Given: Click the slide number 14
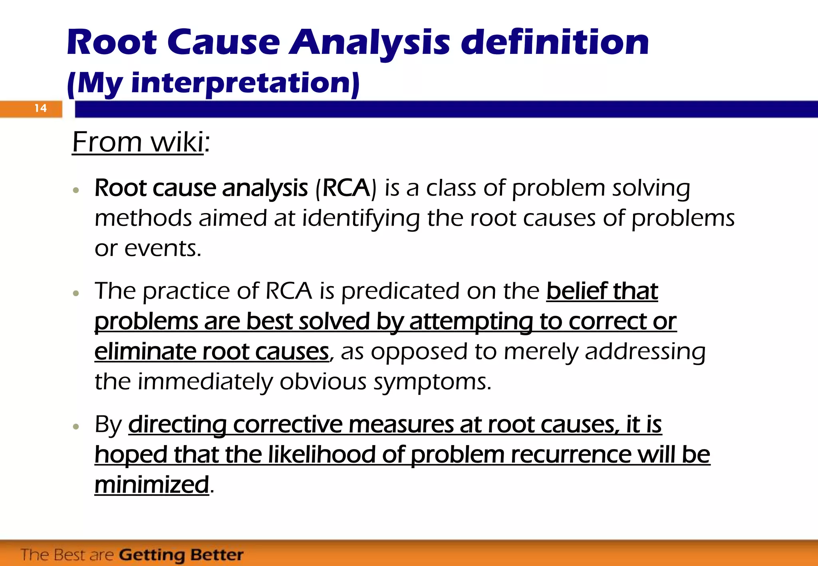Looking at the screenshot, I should coord(40,108).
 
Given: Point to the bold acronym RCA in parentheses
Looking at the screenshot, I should coord(346,188).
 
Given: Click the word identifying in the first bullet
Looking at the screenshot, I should coord(361,219).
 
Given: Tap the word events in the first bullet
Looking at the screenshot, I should coord(162,249).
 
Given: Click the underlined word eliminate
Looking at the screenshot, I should coord(145,352).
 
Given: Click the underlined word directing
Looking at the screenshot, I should coord(177,425).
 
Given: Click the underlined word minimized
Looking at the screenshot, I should coord(152,485).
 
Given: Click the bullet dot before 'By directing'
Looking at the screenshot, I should coord(76,427).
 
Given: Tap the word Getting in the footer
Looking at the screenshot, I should coord(152,555).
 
